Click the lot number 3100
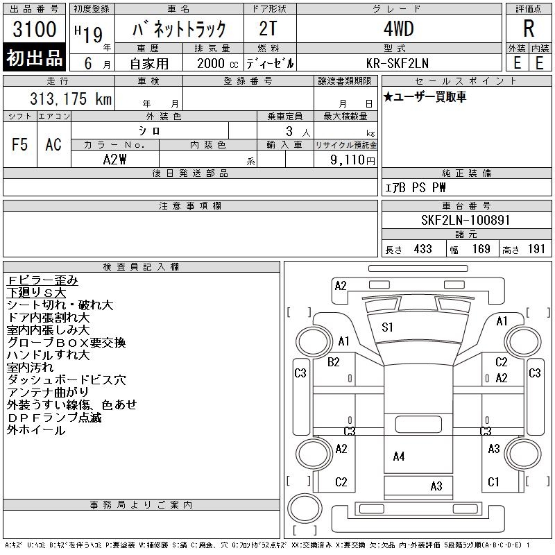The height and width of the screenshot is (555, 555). point(35,30)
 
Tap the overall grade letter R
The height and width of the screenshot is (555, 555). point(529,30)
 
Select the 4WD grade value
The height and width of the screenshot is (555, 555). point(398,30)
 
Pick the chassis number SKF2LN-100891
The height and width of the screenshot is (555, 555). point(466,220)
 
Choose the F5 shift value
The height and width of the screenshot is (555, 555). point(20,144)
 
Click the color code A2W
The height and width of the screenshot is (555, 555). point(114,160)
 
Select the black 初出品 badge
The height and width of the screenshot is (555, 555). point(35,58)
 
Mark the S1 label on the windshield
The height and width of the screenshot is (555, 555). point(388,327)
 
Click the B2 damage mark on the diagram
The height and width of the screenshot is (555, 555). point(334,361)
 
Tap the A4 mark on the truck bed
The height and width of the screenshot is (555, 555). point(398,456)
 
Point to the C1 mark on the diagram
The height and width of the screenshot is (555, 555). point(494,481)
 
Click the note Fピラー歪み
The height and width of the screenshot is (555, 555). point(42,280)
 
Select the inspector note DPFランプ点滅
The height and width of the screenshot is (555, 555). point(54,418)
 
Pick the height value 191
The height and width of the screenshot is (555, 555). point(537,249)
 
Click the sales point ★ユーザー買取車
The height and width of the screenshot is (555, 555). point(425,97)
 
